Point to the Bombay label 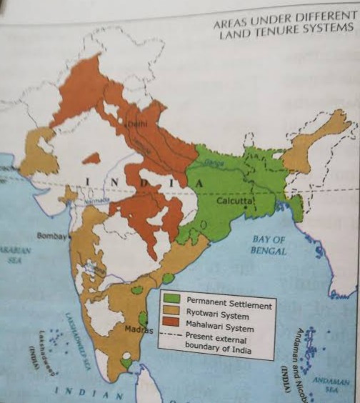pos(51,235)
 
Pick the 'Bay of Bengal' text pos(269,246)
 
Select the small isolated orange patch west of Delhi pos(91,158)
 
